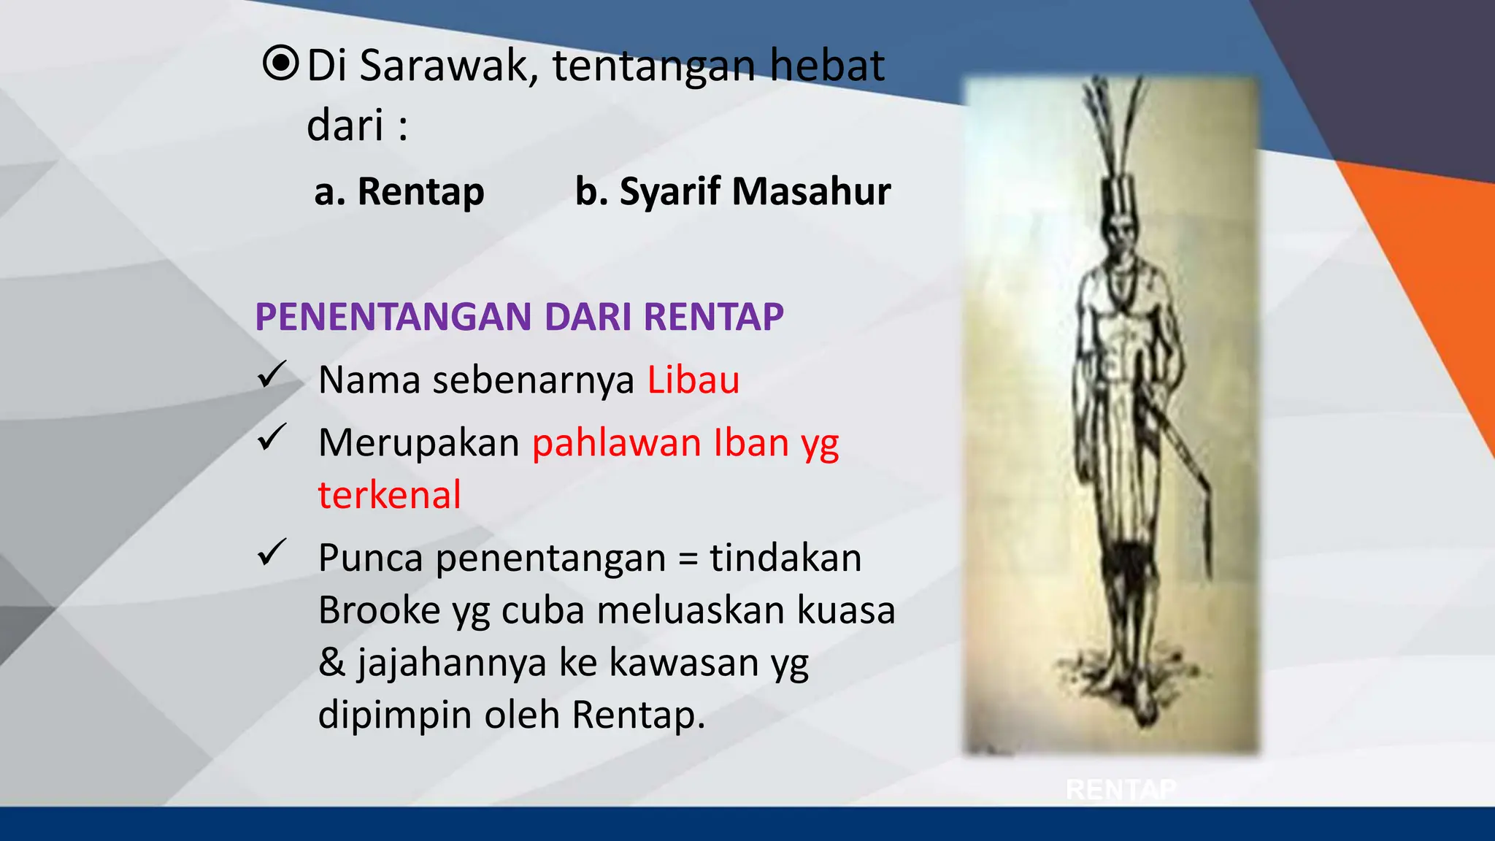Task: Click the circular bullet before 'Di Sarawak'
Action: pos(280,64)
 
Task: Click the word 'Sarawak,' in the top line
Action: pos(449,66)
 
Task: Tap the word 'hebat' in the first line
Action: pos(827,66)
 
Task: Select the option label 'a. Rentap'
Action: pos(399,192)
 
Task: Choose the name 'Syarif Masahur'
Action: pos(755,192)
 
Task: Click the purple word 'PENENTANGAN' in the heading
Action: pos(393,317)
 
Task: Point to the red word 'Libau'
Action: pos(693,380)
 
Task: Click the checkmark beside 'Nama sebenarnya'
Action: pos(272,375)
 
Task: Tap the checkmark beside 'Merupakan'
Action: pos(272,438)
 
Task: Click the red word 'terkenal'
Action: pos(389,495)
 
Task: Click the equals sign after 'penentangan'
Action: pos(688,559)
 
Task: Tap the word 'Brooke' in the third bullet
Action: pos(379,610)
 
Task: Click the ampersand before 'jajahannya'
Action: pos(331,663)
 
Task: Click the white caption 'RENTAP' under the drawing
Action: pos(1121,789)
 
